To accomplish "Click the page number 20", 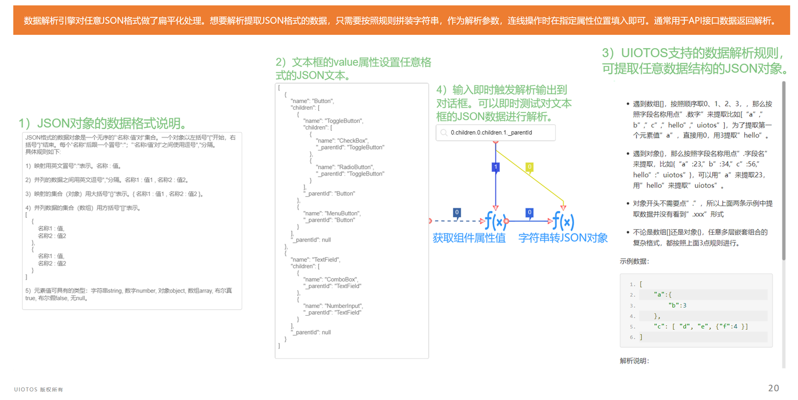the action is pos(774,388).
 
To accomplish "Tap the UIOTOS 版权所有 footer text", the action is pos(38,389).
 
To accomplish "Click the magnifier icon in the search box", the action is pos(444,133).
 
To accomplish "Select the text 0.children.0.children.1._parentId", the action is pos(491,133).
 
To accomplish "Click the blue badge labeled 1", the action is pos(495,167).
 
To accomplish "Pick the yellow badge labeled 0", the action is pos(530,167).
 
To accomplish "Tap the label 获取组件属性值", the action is pos(469,238).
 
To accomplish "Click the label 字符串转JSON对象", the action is pos(563,238).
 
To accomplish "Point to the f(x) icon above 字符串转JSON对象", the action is pos(563,221).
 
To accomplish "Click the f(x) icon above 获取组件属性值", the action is pos(495,221).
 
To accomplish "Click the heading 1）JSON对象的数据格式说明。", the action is pos(103,123).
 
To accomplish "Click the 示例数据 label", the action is pos(634,261).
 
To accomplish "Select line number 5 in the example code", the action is pos(632,327).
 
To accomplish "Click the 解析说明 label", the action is pos(634,361).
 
